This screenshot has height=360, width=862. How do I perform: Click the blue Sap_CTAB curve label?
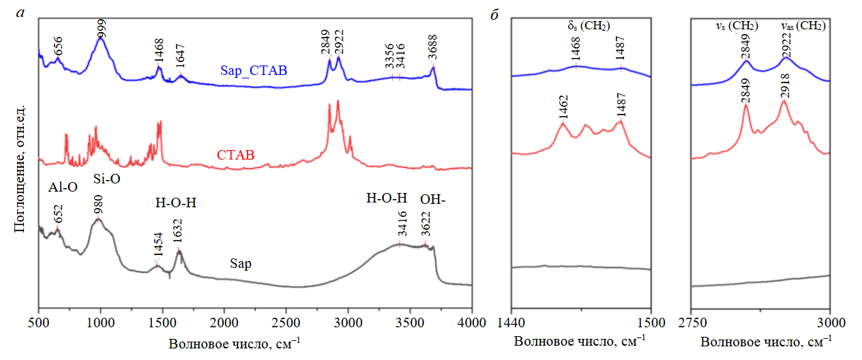pyautogui.click(x=253, y=70)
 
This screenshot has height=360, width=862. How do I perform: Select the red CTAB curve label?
pyautogui.click(x=235, y=155)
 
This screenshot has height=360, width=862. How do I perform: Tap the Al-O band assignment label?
pyautogui.click(x=63, y=188)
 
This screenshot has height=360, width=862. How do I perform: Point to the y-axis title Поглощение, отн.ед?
pyautogui.click(x=20, y=168)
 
